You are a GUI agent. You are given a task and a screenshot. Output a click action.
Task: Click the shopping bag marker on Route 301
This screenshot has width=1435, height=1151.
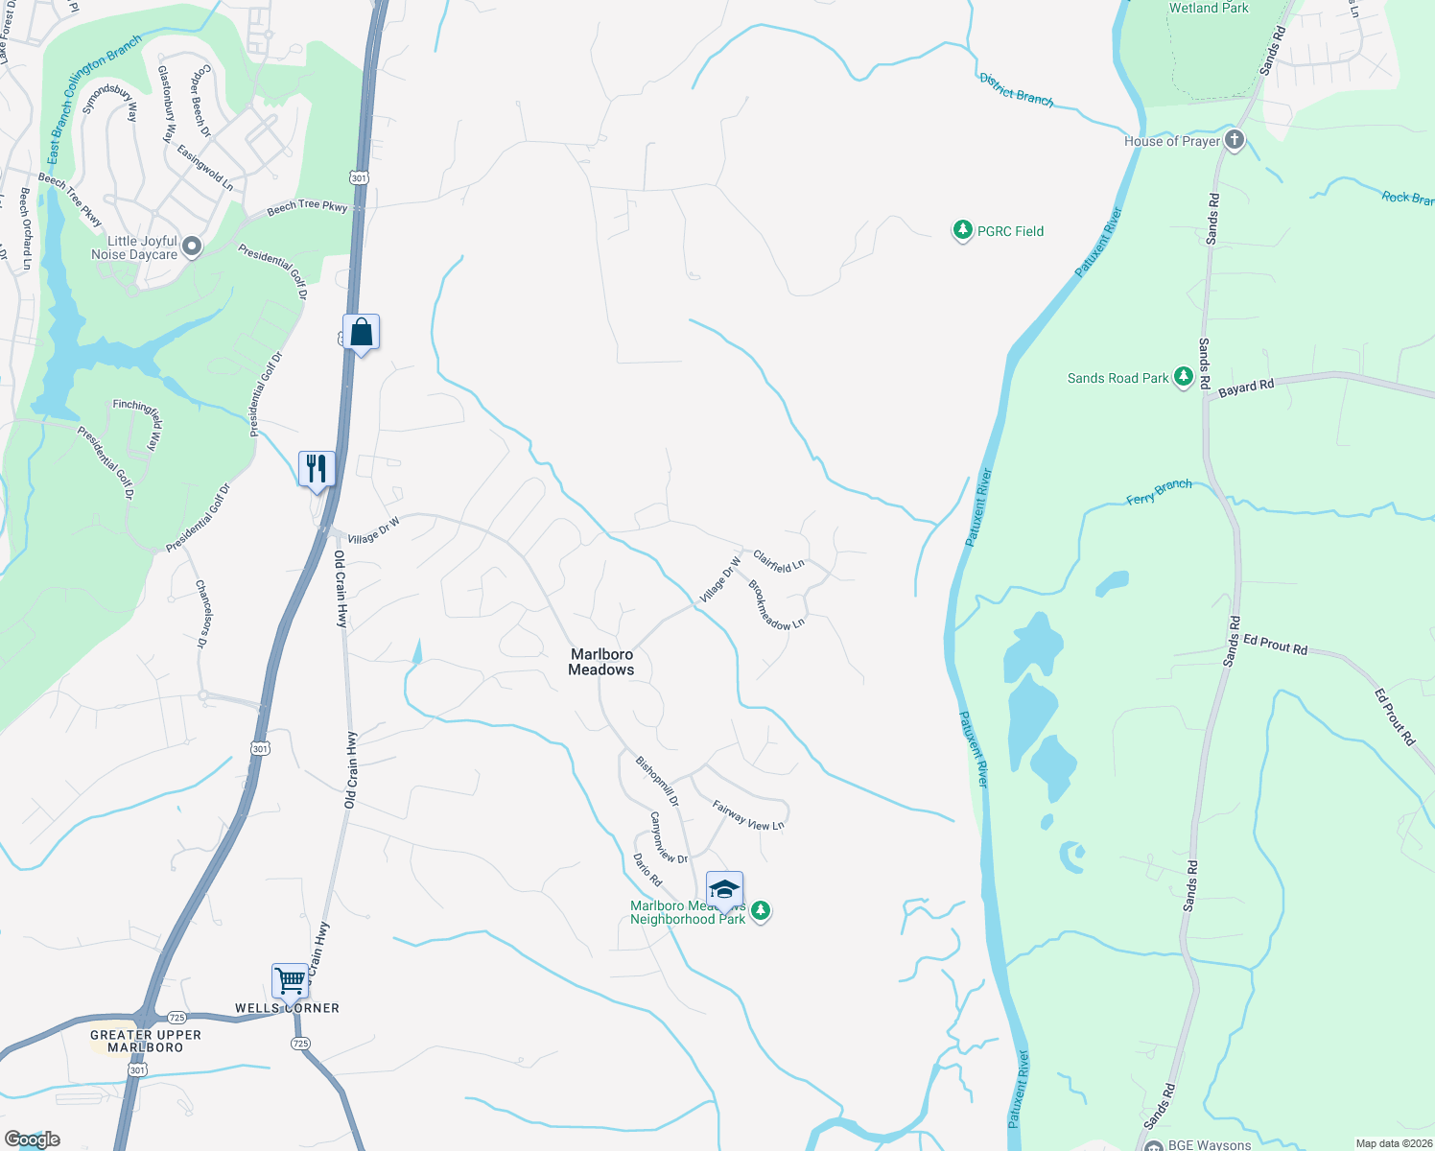362,333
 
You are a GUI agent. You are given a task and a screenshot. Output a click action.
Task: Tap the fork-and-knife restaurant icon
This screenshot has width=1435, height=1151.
317,469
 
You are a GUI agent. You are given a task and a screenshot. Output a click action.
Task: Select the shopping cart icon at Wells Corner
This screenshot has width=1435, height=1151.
290,981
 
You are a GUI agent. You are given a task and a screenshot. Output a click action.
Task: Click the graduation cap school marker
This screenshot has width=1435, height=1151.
724,889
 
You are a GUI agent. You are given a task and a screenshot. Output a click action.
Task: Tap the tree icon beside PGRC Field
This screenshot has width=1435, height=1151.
962,231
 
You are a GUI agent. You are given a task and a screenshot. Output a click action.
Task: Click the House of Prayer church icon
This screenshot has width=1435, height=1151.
1235,141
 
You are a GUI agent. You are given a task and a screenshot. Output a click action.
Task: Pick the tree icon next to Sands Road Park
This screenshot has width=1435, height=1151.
1184,378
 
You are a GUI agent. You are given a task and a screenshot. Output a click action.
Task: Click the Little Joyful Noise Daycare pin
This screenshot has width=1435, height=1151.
192,247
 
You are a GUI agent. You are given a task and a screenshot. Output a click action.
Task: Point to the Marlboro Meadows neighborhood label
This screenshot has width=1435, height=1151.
601,662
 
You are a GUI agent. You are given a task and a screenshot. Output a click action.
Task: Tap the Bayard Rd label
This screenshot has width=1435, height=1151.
1246,388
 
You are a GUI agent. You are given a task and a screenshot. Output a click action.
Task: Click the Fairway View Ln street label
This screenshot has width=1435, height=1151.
748,815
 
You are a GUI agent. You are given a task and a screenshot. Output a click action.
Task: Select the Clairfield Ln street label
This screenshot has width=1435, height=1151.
778,561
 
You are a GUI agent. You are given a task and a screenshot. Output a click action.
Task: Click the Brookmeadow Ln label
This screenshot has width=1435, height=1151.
776,606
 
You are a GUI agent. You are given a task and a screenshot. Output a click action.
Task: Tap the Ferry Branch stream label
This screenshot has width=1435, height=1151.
1159,492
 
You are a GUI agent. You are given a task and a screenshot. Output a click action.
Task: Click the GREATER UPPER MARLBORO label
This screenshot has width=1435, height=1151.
146,1041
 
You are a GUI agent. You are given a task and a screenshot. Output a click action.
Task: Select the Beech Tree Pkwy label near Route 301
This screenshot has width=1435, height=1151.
307,206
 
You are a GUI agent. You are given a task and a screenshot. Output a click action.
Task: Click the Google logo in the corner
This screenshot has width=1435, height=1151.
33,1139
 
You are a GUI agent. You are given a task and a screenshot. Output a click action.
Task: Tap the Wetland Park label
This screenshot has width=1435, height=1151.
1209,8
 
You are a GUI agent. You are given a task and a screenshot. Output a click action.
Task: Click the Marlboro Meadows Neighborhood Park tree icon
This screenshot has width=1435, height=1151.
761,910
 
